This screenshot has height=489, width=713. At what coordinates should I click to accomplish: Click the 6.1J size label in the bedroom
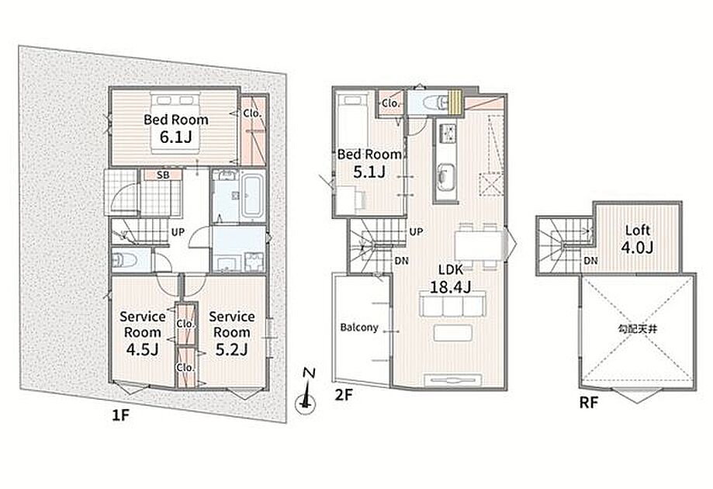(x=175, y=137)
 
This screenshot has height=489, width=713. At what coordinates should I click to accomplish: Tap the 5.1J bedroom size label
(x=369, y=172)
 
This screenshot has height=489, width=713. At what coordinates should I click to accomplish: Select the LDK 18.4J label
(x=450, y=279)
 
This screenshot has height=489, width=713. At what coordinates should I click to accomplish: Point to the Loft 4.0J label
(x=638, y=239)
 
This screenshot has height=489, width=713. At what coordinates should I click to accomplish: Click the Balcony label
(x=359, y=328)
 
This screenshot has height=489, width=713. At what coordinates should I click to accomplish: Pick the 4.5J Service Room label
(x=142, y=332)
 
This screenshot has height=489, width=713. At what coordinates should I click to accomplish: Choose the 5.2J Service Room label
(x=231, y=332)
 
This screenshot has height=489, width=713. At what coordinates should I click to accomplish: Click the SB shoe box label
(x=163, y=175)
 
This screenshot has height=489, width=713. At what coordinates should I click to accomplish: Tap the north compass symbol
(x=306, y=391)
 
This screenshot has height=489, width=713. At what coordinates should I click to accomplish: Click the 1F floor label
(x=121, y=415)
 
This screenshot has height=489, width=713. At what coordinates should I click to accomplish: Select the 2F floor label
(x=344, y=395)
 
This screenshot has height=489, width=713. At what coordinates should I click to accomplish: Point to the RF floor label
(x=588, y=403)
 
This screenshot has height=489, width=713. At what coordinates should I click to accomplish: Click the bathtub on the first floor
(x=252, y=196)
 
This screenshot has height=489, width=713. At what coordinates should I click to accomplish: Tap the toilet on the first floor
(x=125, y=260)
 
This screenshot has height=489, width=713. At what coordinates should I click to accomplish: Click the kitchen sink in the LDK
(x=445, y=176)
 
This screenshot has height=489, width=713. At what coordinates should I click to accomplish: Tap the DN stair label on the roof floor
(x=590, y=261)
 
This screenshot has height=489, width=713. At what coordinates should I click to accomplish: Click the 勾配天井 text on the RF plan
(x=638, y=329)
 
